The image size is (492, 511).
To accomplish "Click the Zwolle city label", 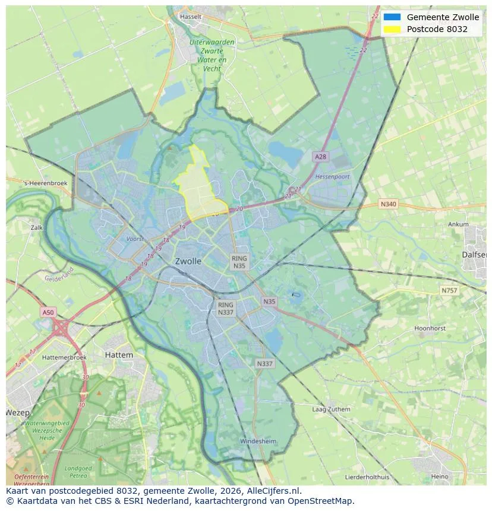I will pos(188,261).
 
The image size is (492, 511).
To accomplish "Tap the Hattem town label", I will pos(119,354).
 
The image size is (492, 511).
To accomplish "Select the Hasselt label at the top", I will pos(191,17).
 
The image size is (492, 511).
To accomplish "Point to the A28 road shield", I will pos(320,157).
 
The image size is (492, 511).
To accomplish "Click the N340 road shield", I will pos(388,204).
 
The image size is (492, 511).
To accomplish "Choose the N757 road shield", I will pos(449,290).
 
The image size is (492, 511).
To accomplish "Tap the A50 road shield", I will pos(48,312).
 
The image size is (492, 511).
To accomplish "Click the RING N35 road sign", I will pos(239,262).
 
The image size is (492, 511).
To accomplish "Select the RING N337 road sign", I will pos(226,309).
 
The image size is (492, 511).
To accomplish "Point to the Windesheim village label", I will pos(258,441).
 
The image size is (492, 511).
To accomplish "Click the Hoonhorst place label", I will pos(430,328).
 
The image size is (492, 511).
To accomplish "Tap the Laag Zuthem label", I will pos(331,410).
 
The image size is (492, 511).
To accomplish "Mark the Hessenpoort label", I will pos(332,177).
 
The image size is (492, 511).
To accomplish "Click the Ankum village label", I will pos(458,224).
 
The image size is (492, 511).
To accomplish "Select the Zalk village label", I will pos(37,227).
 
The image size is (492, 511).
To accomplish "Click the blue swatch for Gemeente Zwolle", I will pos(392,17).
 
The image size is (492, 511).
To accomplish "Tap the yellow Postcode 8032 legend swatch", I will pos(392,29).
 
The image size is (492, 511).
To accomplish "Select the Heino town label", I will pos(439,477).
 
